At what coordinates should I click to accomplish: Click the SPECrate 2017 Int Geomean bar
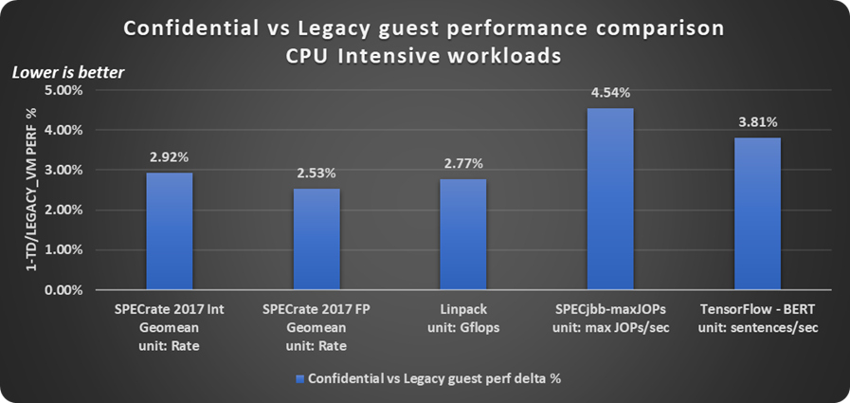tap(170, 231)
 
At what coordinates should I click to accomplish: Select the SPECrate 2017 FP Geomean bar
tap(316, 239)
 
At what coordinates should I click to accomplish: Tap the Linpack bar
tap(463, 234)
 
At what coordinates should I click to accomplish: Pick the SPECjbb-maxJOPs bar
tap(610, 199)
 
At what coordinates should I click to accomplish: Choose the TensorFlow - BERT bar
tap(758, 213)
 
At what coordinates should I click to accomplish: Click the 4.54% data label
tap(610, 93)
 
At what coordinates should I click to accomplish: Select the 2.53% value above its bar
tap(316, 173)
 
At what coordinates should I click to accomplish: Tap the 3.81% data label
tap(758, 122)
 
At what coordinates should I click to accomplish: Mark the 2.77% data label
tap(463, 163)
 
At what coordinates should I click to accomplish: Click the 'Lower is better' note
tap(67, 72)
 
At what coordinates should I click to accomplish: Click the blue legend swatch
tap(300, 378)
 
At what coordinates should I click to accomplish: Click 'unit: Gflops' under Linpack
tap(463, 327)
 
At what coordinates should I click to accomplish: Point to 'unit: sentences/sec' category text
tap(758, 327)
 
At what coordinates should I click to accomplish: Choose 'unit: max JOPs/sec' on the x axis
tap(610, 327)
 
